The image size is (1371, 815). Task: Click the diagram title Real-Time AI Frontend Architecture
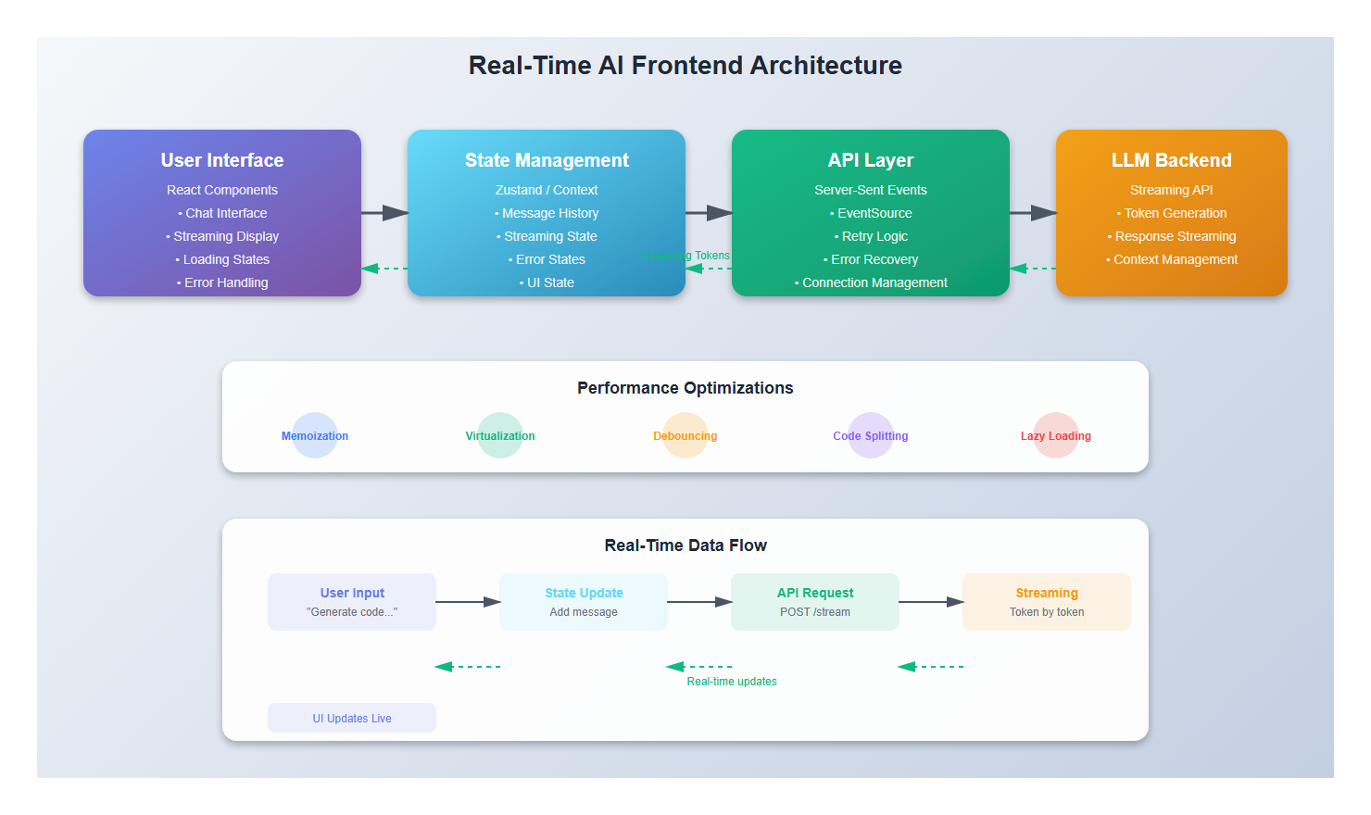[685, 66]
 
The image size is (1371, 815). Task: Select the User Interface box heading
[222, 160]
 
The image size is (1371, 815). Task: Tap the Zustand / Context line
[547, 190]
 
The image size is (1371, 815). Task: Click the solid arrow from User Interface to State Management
[384, 213]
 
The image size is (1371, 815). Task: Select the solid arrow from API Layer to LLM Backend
[1033, 213]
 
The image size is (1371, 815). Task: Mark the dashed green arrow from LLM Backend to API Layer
[1033, 269]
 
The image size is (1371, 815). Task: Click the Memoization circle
[315, 435]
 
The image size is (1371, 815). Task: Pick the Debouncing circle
[685, 435]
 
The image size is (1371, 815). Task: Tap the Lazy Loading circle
[1056, 435]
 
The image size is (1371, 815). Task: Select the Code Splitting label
[871, 436]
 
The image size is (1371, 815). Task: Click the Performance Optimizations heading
[685, 388]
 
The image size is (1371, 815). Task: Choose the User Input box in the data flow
[352, 602]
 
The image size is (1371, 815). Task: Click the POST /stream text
[815, 612]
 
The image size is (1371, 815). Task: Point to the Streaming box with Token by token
[1047, 602]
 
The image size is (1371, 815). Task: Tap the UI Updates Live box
[352, 718]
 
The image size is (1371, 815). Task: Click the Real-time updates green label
[732, 682]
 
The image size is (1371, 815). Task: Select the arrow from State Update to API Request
[699, 602]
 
